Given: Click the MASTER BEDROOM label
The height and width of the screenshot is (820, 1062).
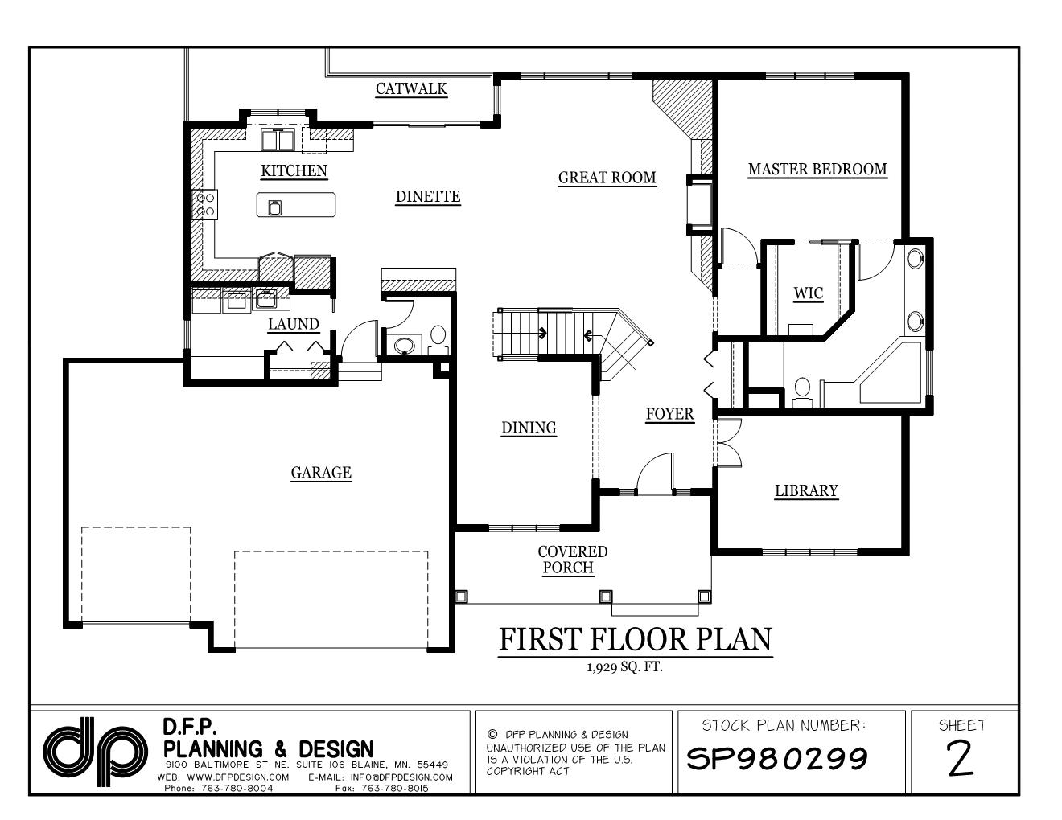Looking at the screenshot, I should [x=817, y=170].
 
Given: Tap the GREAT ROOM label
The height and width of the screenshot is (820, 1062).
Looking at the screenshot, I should [x=607, y=178].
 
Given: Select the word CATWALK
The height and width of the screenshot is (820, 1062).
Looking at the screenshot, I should [x=411, y=89].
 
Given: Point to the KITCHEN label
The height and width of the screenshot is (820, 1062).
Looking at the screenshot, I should [x=294, y=171].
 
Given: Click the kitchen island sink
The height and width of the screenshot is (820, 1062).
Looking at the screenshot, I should [x=275, y=208].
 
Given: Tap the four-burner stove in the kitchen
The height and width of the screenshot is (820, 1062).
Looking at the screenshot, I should [x=204, y=204].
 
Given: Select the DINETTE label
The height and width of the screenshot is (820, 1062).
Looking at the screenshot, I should [x=428, y=196].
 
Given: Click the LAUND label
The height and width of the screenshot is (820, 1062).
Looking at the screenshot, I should [x=294, y=325].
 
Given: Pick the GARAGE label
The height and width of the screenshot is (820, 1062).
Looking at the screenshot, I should [x=321, y=473].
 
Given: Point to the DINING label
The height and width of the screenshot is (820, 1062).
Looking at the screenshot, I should [x=529, y=428].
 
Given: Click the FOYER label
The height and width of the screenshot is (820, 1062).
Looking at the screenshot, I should [x=669, y=414].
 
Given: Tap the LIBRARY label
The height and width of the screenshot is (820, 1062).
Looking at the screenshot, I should [x=806, y=491].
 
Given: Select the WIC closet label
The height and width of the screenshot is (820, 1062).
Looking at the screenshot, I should [x=809, y=293].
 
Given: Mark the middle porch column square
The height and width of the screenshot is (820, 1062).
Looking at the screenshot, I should [x=605, y=597].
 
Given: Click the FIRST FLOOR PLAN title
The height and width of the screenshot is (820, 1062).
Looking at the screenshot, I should [x=635, y=639].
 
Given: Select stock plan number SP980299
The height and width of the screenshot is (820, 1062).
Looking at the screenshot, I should [x=776, y=757].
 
